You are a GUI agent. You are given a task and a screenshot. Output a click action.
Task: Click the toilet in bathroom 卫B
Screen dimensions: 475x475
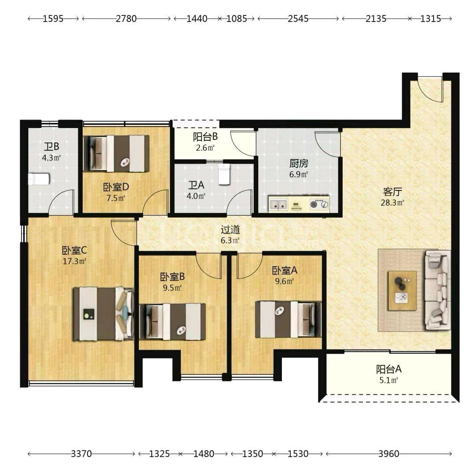coord(39,179)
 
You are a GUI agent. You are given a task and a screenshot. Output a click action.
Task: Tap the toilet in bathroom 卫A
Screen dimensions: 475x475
coord(224,174)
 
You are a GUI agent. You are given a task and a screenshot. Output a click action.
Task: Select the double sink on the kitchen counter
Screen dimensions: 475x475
coord(278,204)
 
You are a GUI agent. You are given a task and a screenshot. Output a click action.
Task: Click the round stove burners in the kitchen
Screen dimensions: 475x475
coord(319,204)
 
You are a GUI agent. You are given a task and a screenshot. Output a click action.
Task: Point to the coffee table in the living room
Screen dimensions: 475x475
coord(402,291)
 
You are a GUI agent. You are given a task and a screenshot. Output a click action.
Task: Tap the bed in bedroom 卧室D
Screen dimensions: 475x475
coord(116,153)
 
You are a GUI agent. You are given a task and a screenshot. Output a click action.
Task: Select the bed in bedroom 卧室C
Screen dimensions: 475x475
coord(104,314)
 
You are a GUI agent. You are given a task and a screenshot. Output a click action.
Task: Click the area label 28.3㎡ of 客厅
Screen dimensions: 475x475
coord(392,203)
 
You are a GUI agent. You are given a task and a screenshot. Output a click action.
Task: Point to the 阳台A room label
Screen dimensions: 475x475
coord(389,369)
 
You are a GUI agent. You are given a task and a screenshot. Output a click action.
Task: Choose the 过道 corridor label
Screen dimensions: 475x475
coord(230,230)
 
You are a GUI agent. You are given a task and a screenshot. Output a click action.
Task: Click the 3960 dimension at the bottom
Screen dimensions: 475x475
coord(389,453)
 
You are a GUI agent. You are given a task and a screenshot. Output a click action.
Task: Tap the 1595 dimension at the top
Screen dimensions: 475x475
coord(53,19)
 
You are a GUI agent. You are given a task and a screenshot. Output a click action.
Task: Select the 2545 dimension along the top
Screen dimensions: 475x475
coord(298,19)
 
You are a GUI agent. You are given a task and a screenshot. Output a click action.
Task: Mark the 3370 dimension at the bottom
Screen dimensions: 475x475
coord(81,453)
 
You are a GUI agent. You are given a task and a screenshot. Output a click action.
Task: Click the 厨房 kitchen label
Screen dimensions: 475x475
coord(299,163)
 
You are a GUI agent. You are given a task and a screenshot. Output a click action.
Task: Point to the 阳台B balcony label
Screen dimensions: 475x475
coord(205,137)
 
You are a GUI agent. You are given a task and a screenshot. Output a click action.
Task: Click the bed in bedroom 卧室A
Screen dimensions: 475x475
coord(288,319)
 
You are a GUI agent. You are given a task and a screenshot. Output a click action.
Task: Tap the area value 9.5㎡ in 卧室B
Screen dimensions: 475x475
coord(172,288)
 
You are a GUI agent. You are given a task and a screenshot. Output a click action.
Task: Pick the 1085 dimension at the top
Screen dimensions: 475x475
coord(237,19)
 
